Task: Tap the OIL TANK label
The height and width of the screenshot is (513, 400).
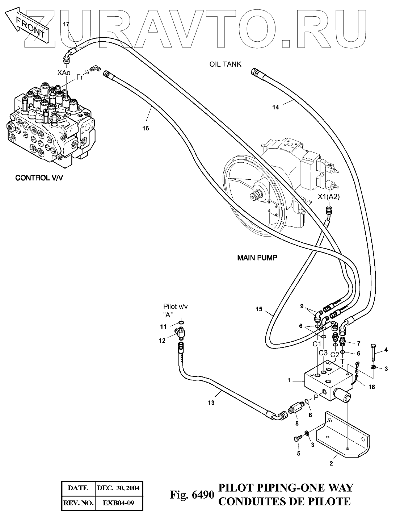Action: [x=225, y=64]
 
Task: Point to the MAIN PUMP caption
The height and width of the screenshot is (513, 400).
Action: [x=257, y=258]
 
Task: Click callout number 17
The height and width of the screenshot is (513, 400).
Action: [x=66, y=24]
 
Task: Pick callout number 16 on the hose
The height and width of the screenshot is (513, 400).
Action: [x=146, y=128]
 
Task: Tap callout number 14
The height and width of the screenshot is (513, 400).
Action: [x=276, y=107]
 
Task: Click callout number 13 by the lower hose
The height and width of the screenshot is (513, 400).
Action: [x=211, y=403]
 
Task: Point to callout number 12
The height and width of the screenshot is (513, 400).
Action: [x=162, y=340]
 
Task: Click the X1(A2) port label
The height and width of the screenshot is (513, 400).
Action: [x=329, y=197]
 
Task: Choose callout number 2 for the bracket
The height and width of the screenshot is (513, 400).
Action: [x=331, y=463]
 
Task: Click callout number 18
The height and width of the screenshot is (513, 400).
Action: [x=371, y=387]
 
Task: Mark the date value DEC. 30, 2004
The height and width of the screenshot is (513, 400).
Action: [x=119, y=488]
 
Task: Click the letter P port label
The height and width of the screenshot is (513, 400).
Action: [x=316, y=397]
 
